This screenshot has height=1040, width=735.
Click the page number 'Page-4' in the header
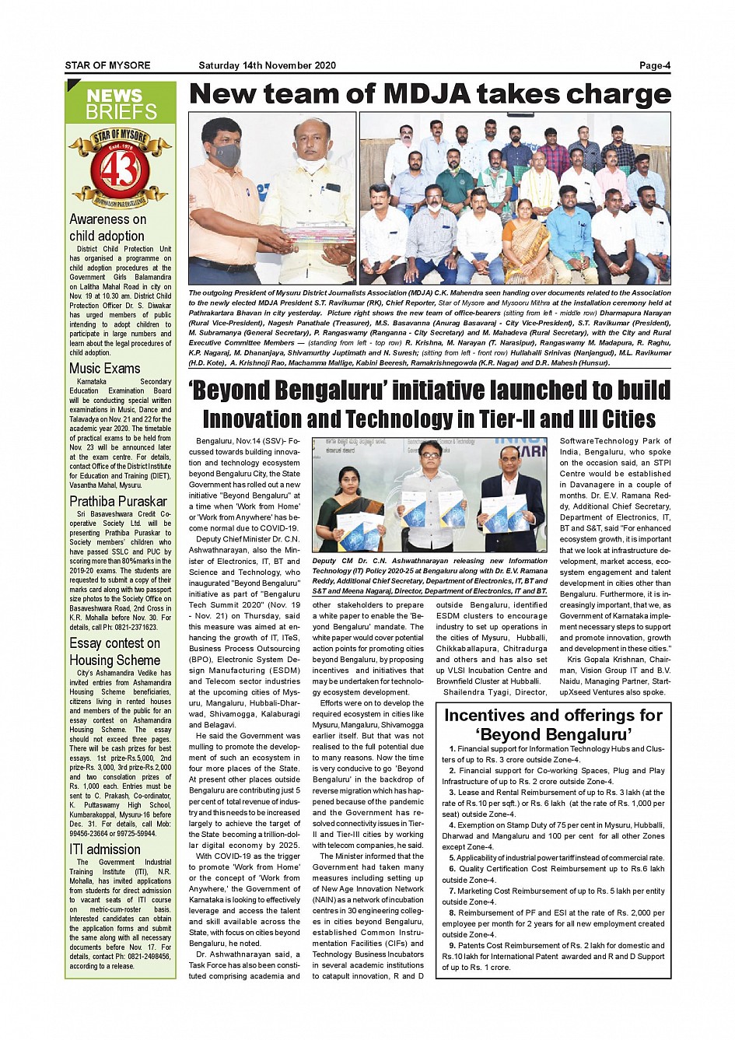click(x=654, y=65)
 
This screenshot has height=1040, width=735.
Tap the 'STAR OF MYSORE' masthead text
click(x=107, y=65)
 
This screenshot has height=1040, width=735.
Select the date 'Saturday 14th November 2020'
click(x=267, y=65)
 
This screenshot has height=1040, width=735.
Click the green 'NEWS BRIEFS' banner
click(x=121, y=104)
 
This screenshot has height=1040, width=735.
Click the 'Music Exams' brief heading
click(x=105, y=369)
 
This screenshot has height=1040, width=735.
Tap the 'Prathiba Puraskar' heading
click(x=118, y=502)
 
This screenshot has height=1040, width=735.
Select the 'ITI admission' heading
click(x=105, y=849)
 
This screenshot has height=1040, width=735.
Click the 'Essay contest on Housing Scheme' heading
click(x=114, y=652)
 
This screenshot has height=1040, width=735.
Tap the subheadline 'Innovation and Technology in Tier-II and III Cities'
click(x=429, y=419)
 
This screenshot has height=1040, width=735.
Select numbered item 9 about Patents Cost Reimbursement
click(x=553, y=957)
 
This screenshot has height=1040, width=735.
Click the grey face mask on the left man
click(x=226, y=156)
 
